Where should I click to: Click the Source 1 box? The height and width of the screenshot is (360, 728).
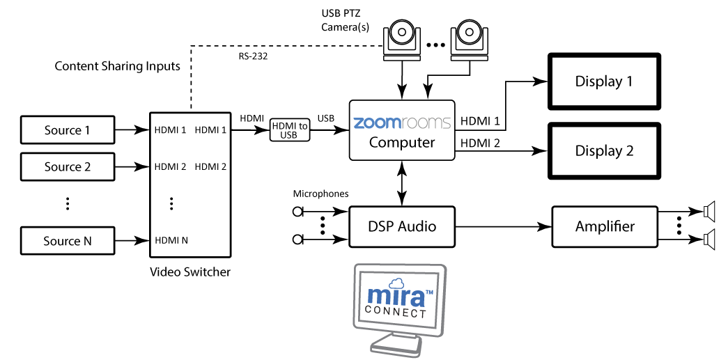tap(68, 130)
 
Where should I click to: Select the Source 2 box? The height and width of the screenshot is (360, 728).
tap(68, 166)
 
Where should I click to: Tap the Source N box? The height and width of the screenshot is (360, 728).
tap(68, 241)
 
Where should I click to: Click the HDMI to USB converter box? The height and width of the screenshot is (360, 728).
tap(288, 130)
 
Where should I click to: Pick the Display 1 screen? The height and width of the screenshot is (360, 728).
tap(603, 81)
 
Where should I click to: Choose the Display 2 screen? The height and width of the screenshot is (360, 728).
tap(603, 150)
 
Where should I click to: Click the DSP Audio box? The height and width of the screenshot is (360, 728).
tap(402, 226)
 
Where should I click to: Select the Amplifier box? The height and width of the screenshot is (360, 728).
tap(605, 226)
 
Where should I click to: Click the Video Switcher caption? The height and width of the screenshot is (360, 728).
tap(190, 272)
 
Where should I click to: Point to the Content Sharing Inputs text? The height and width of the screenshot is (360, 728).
tap(117, 67)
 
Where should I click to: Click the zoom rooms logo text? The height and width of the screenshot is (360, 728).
tap(401, 123)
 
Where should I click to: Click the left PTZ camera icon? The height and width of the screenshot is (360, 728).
tap(402, 39)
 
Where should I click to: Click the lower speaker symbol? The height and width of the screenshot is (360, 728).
tap(708, 241)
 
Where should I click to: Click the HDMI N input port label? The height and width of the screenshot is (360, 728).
tap(171, 240)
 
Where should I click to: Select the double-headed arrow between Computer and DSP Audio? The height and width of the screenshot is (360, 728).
tap(402, 183)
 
